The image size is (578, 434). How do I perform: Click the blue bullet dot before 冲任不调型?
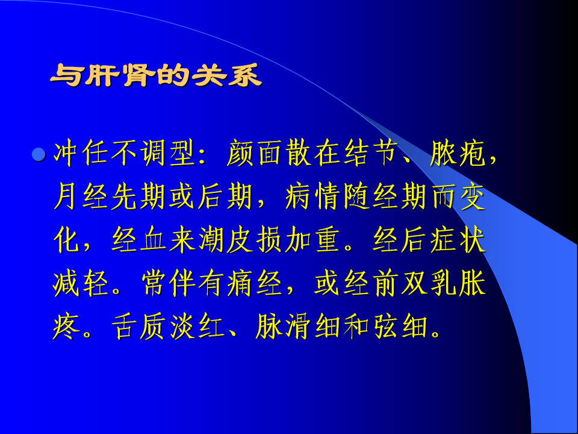[x=39, y=154]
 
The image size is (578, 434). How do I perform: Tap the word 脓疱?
[x=457, y=153]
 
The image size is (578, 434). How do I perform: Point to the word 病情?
[x=312, y=197]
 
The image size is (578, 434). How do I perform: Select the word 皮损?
[x=254, y=241]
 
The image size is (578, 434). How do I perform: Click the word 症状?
[x=457, y=241]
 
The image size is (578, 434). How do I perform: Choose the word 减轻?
[x=81, y=284]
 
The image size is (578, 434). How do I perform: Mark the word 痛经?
[x=254, y=284]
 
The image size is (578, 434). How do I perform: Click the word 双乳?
[x=428, y=284]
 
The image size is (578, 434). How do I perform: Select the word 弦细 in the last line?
[x=400, y=327]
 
